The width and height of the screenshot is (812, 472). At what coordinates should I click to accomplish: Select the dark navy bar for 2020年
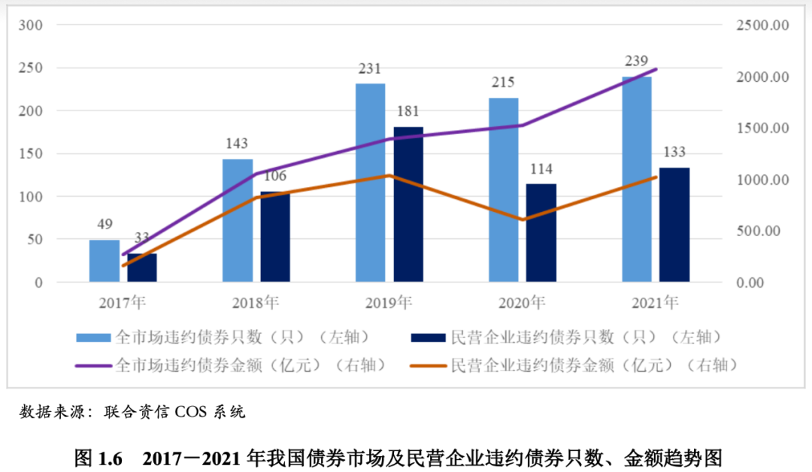tap(541, 233)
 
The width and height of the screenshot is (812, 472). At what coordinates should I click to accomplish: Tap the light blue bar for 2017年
tap(105, 261)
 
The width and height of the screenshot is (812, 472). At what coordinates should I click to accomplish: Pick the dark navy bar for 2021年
tap(674, 225)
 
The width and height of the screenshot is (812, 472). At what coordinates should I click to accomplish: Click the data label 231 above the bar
tap(370, 69)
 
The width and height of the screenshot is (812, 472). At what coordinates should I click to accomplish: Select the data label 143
tap(237, 144)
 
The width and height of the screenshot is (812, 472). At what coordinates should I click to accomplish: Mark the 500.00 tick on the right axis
tap(762, 231)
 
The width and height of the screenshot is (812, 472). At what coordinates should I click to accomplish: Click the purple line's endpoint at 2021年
tap(656, 69)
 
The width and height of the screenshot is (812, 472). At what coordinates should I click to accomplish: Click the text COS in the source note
tap(190, 412)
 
